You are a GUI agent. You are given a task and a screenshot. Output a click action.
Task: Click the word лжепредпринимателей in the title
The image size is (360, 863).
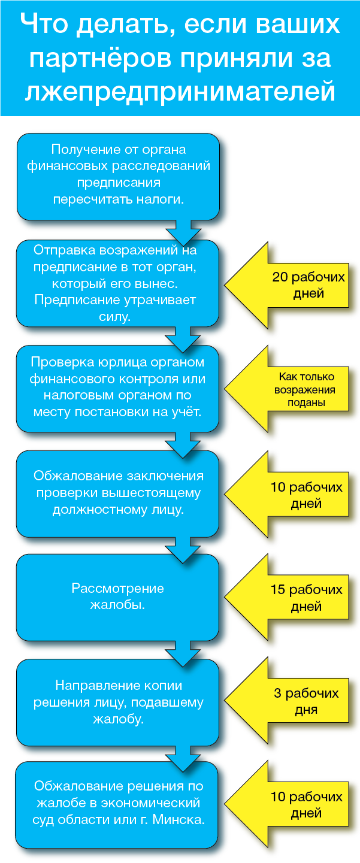pyautogui.click(x=180, y=91)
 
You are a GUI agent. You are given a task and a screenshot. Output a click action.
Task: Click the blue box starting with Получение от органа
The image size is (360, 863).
pyautogui.click(x=118, y=176)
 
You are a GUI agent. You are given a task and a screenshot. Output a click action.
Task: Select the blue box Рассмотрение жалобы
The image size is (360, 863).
pyautogui.click(x=118, y=597)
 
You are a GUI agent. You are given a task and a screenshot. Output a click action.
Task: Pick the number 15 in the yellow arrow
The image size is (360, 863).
pyautogui.click(x=277, y=589)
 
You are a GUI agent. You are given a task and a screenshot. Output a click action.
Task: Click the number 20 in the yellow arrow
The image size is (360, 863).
pyautogui.click(x=280, y=277)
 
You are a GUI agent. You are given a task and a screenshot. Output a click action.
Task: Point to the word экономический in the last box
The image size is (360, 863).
pyautogui.click(x=157, y=803)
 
